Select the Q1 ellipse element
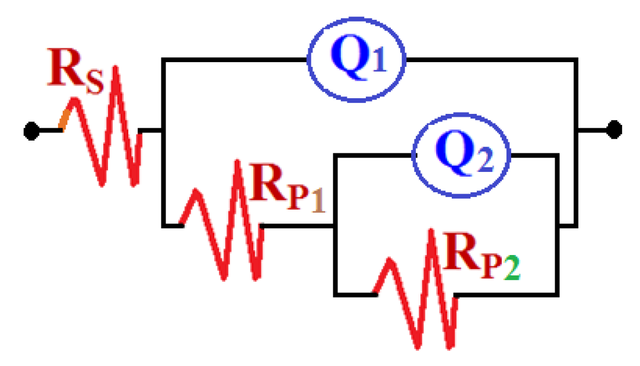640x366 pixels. tap(356, 60)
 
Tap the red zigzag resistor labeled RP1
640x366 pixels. tap(224, 224)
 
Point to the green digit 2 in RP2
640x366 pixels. tap(512, 270)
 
